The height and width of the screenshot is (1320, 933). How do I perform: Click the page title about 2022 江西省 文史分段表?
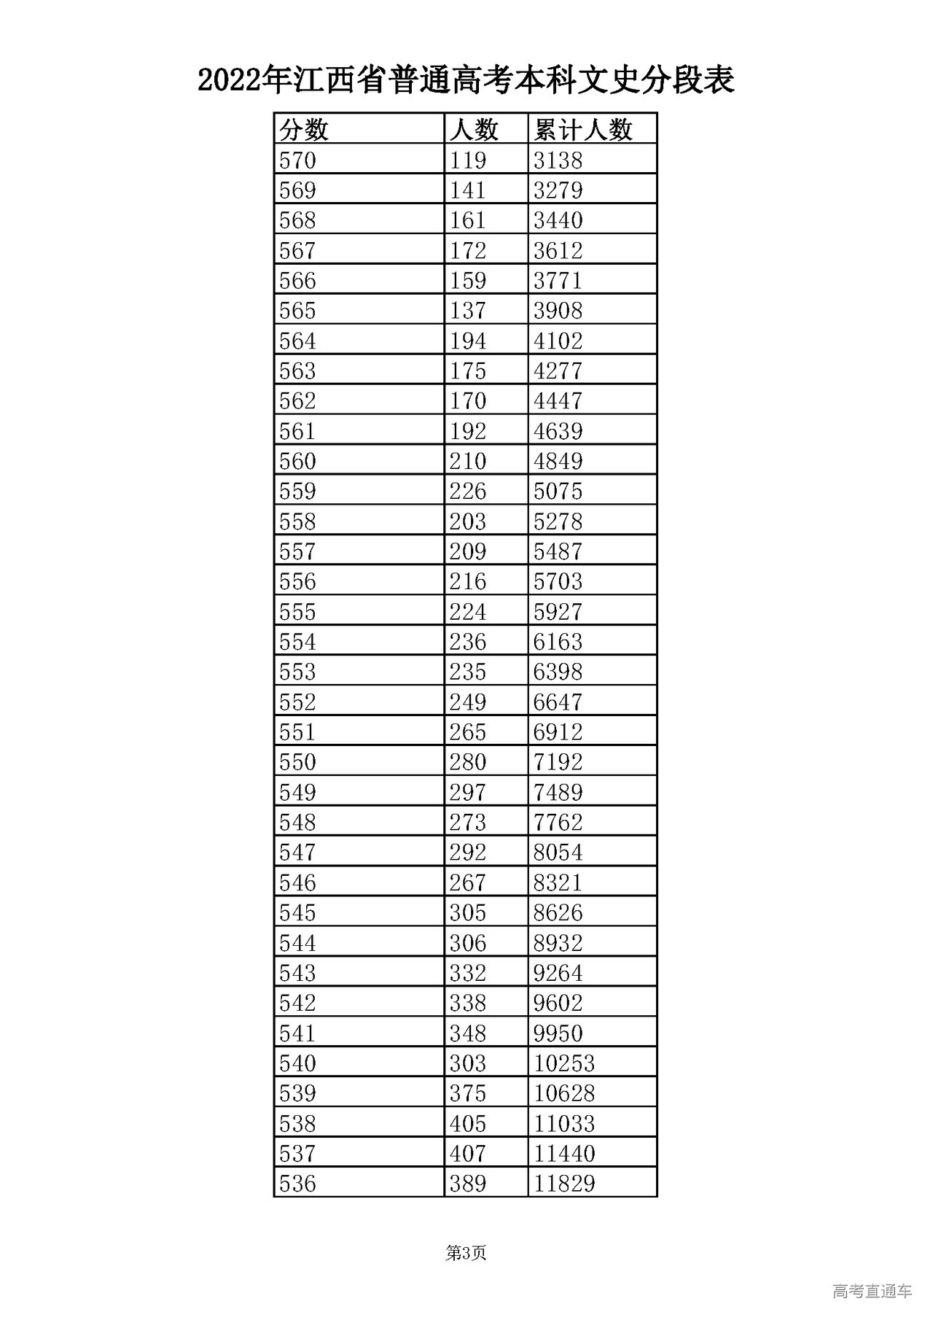466,79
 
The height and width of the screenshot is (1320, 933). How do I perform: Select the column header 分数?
305,130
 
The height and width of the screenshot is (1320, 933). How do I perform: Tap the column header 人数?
474,130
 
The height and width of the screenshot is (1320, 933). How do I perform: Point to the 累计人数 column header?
582,130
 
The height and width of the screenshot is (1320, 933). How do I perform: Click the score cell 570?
298,160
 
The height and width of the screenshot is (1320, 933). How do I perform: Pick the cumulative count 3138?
558,160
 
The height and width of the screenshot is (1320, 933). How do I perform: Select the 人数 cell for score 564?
467,341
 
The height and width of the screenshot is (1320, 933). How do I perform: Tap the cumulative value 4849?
558,461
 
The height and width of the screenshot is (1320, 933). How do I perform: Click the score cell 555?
298,611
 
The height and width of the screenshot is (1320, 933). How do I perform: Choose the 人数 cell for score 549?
467,792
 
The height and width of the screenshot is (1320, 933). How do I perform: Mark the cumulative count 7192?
558,762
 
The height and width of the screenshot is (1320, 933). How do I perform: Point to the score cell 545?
298,912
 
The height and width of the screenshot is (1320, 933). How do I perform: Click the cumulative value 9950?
558,1033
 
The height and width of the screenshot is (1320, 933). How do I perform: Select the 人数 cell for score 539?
467,1093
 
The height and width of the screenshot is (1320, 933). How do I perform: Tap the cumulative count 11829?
564,1183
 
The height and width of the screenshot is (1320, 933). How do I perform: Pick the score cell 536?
298,1183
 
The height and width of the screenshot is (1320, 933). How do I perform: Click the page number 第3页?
466,1253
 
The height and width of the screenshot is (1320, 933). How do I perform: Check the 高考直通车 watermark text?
872,1292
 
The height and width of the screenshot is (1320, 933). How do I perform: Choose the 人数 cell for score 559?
467,491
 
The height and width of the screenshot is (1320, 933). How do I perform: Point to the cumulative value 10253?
564,1063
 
